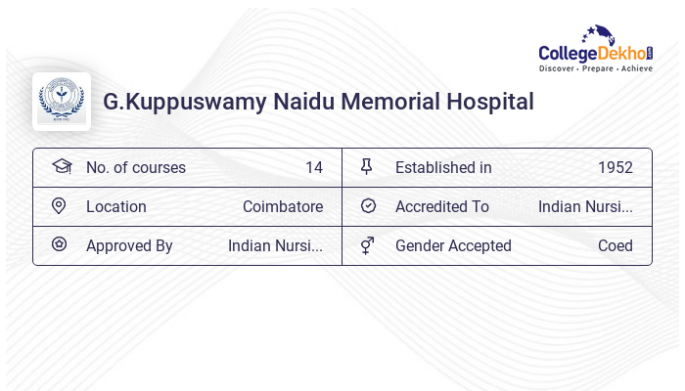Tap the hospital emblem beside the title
click(62, 102)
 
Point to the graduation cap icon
click(61, 167)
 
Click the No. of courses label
click(136, 167)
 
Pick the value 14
click(314, 167)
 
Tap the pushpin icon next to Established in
click(367, 167)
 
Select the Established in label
click(443, 167)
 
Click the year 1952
click(616, 167)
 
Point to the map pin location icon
click(59, 206)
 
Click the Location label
click(116, 206)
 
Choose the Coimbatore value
click(283, 206)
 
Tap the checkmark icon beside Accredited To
click(368, 206)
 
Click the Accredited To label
click(442, 206)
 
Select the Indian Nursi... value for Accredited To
click(585, 206)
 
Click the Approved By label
click(129, 245)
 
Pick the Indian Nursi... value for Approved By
click(275, 245)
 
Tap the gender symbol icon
click(367, 245)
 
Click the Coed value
click(616, 245)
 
